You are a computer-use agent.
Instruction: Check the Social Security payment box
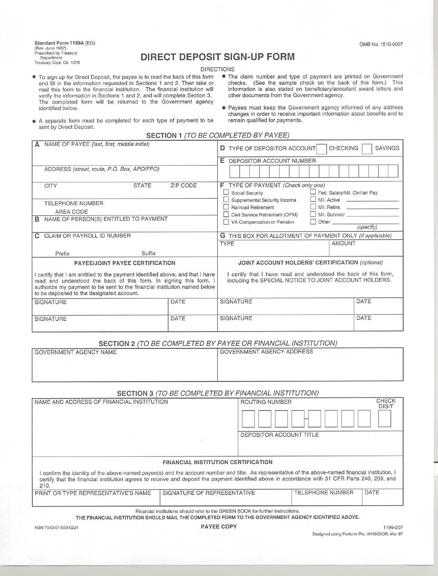[x=226, y=192]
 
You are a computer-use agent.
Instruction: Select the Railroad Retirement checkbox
[x=226, y=207]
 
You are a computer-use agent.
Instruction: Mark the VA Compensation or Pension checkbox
[x=226, y=222]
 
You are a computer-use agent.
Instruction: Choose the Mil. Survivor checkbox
[x=313, y=214]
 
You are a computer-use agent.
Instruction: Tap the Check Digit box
[x=385, y=419]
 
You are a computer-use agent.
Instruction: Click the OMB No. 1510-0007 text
[x=381, y=44]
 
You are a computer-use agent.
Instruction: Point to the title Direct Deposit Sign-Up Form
[x=217, y=57]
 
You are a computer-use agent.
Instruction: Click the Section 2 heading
[x=217, y=343]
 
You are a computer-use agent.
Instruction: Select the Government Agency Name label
[x=76, y=352]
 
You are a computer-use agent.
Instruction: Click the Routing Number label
[x=266, y=402]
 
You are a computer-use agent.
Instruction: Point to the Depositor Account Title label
[x=279, y=435]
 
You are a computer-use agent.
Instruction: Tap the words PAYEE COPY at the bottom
[x=219, y=526]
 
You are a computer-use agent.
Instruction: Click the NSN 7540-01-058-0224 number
[x=56, y=527]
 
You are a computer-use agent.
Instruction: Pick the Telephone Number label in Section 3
[x=324, y=493]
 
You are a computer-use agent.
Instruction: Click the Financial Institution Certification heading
[x=217, y=462]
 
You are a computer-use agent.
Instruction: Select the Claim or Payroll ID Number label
[x=87, y=236]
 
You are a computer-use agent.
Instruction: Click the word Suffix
[x=148, y=253]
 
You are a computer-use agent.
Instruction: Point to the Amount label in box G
[x=343, y=243]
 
